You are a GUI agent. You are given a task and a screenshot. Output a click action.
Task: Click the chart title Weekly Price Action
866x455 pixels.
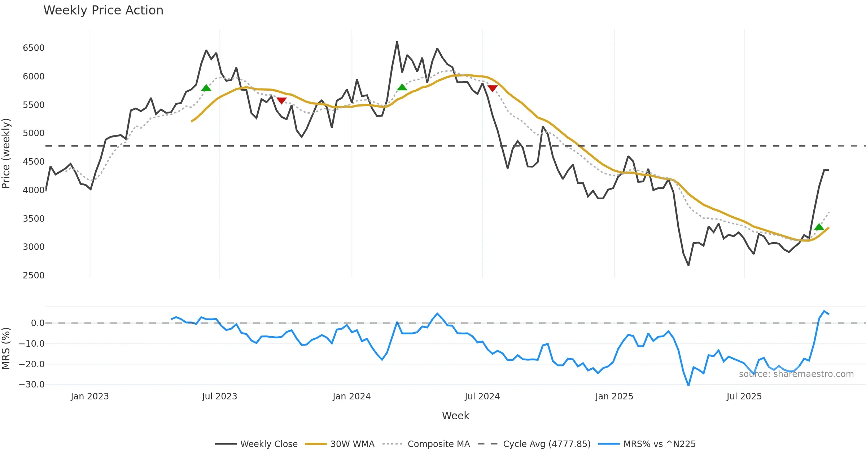pos(103,10)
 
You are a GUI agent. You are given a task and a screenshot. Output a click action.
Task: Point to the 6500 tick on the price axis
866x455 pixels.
pos(34,48)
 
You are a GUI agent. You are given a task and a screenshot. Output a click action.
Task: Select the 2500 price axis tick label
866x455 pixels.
pos(34,276)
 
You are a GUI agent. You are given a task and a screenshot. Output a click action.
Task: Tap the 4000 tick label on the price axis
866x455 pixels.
pos(34,190)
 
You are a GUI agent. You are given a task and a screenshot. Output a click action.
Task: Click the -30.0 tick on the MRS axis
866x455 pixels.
pos(32,385)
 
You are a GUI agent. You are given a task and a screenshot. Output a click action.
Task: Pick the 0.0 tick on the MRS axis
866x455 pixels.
pos(38,323)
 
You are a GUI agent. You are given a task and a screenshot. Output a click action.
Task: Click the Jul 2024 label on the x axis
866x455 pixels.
pos(482,396)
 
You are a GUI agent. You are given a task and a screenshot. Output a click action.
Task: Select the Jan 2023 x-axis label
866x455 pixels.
pos(89,396)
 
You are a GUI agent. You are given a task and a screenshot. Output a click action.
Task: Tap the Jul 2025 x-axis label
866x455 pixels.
pos(744,396)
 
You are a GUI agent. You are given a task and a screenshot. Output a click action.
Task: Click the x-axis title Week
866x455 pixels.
pos(455,416)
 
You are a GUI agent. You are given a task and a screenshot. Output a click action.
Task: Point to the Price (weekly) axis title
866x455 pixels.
pos(6,153)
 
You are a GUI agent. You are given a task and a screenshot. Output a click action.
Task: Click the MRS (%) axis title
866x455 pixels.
pos(6,348)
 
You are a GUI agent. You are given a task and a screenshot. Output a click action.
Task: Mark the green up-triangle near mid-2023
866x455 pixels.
pos(206,88)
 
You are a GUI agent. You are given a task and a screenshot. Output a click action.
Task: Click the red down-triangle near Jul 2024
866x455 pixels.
pos(492,88)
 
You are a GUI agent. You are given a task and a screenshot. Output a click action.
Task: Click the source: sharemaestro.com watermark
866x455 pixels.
pos(796,374)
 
